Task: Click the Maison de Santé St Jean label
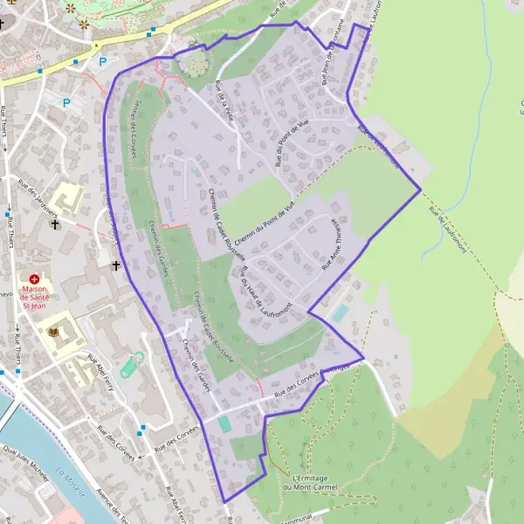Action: (34, 298)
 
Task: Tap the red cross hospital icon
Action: (34, 279)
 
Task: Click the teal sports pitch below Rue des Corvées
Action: (225, 424)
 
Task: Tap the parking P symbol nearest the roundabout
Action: (102, 61)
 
